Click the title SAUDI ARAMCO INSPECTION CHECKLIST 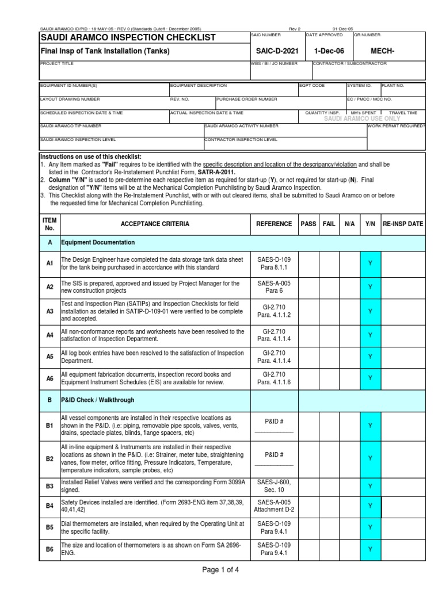tap(128, 37)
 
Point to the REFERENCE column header tap(274, 224)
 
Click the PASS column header tap(308, 224)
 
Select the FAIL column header tap(329, 224)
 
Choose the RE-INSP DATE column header tap(403, 224)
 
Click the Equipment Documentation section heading tap(98, 243)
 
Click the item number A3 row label tap(50, 311)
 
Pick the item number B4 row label tap(50, 506)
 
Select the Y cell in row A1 tap(370, 263)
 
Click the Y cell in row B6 tap(370, 549)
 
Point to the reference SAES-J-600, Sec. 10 tap(274, 486)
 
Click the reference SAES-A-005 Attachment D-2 tap(274, 506)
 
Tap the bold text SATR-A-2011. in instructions tap(216, 172)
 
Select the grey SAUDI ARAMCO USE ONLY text tap(362, 118)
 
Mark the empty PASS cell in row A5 tap(308, 357)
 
